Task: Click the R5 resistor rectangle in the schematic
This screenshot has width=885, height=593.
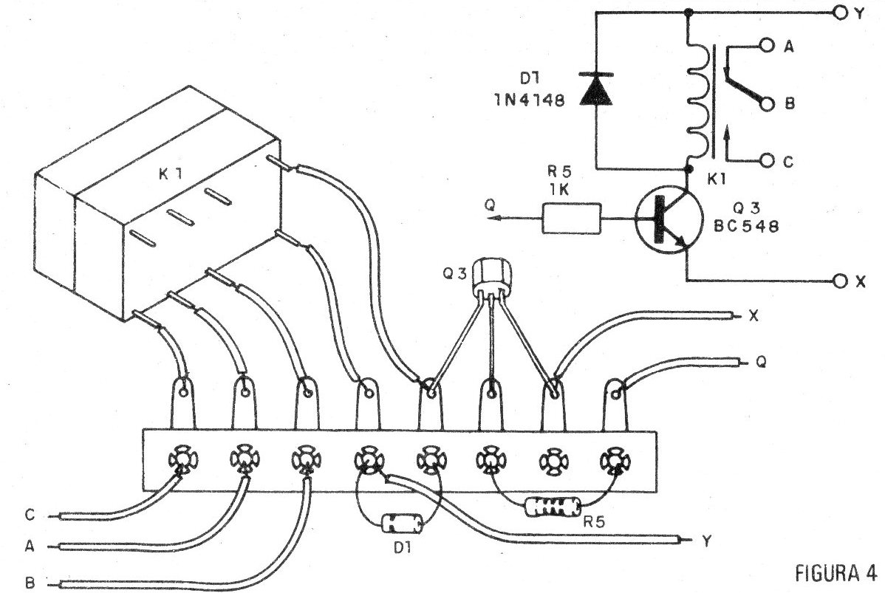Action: (x=571, y=219)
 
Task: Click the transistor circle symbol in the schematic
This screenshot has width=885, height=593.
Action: (x=664, y=220)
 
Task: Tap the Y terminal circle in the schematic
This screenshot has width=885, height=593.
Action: (x=839, y=13)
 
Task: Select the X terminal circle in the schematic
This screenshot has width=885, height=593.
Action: (x=839, y=281)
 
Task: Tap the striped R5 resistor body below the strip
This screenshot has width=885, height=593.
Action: (x=552, y=507)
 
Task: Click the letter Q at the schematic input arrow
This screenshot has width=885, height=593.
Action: (x=489, y=208)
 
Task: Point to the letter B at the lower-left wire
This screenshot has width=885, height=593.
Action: (x=30, y=583)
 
